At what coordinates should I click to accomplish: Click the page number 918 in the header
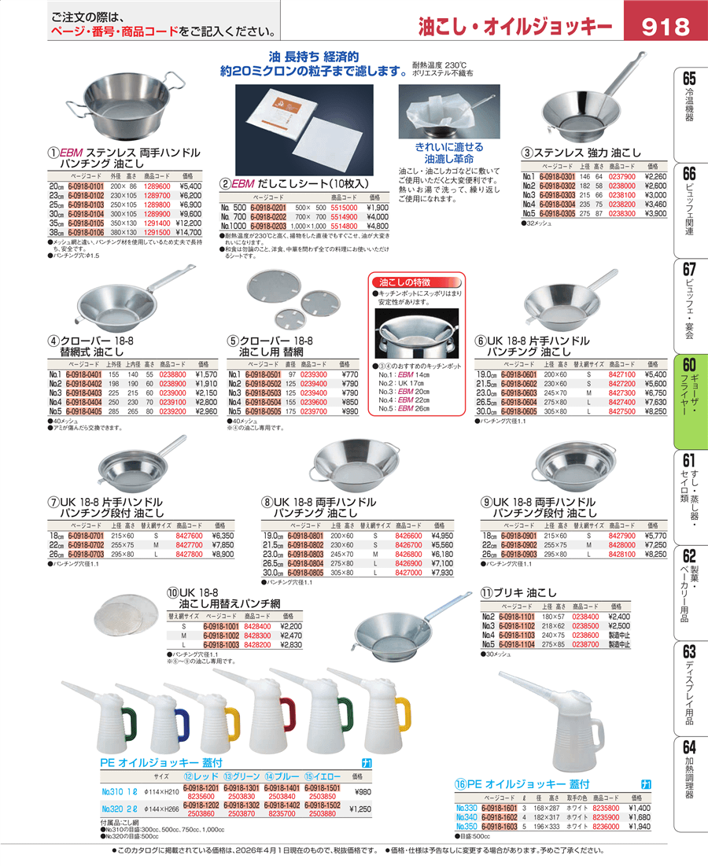coord(666,28)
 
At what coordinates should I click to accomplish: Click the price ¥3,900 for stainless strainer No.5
coord(655,213)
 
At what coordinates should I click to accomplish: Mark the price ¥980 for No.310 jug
coord(362,792)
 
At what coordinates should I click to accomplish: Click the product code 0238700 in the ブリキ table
coord(586,644)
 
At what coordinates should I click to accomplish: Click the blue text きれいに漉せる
coord(449,147)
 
